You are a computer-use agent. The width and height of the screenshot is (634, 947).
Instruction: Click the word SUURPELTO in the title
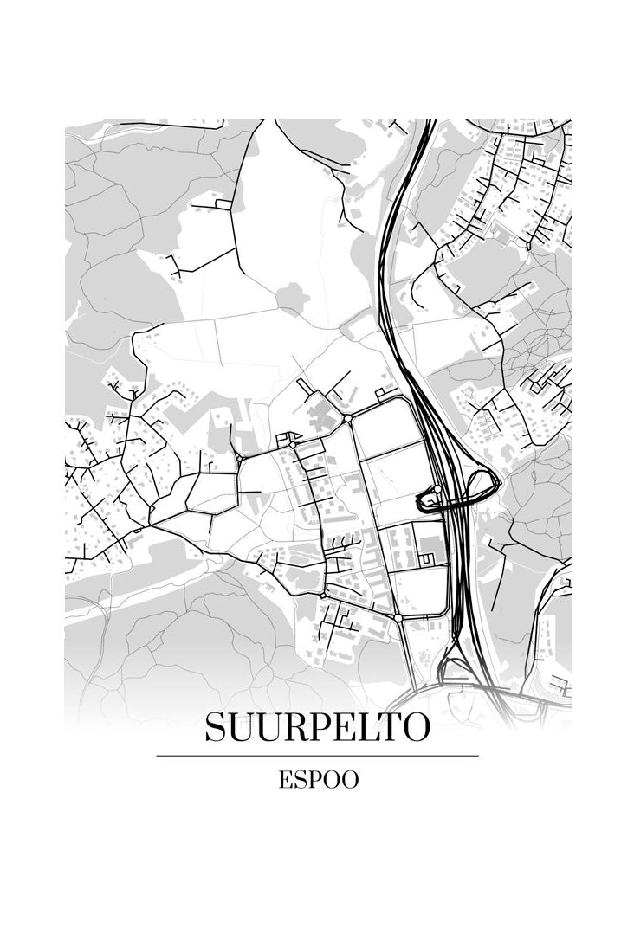pyautogui.click(x=317, y=728)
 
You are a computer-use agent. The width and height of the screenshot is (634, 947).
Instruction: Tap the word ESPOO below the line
pyautogui.click(x=318, y=780)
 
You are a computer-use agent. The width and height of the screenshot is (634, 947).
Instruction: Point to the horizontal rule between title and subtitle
pyautogui.click(x=317, y=756)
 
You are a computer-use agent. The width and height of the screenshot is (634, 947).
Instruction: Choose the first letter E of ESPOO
pyautogui.click(x=285, y=780)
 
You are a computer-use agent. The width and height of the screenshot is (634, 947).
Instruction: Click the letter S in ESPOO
pyautogui.click(x=300, y=780)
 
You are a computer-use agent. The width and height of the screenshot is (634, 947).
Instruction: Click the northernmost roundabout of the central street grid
pyautogui.click(x=346, y=419)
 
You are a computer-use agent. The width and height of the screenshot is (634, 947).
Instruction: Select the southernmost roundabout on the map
pyautogui.click(x=398, y=618)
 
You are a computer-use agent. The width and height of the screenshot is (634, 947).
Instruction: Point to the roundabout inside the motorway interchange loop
pyautogui.click(x=437, y=490)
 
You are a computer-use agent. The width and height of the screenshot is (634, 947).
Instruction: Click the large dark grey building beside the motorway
pyautogui.click(x=430, y=546)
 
